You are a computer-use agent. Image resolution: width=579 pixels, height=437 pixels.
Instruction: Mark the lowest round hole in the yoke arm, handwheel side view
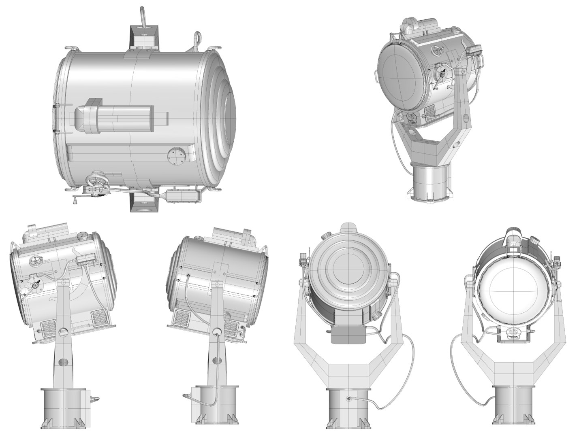click(62, 362)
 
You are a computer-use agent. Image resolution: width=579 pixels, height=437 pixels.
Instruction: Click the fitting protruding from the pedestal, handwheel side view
click(94, 399)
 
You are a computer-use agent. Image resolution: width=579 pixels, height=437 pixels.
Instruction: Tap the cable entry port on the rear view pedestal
click(348, 398)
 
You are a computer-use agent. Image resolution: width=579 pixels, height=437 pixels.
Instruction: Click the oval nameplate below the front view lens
click(514, 335)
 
